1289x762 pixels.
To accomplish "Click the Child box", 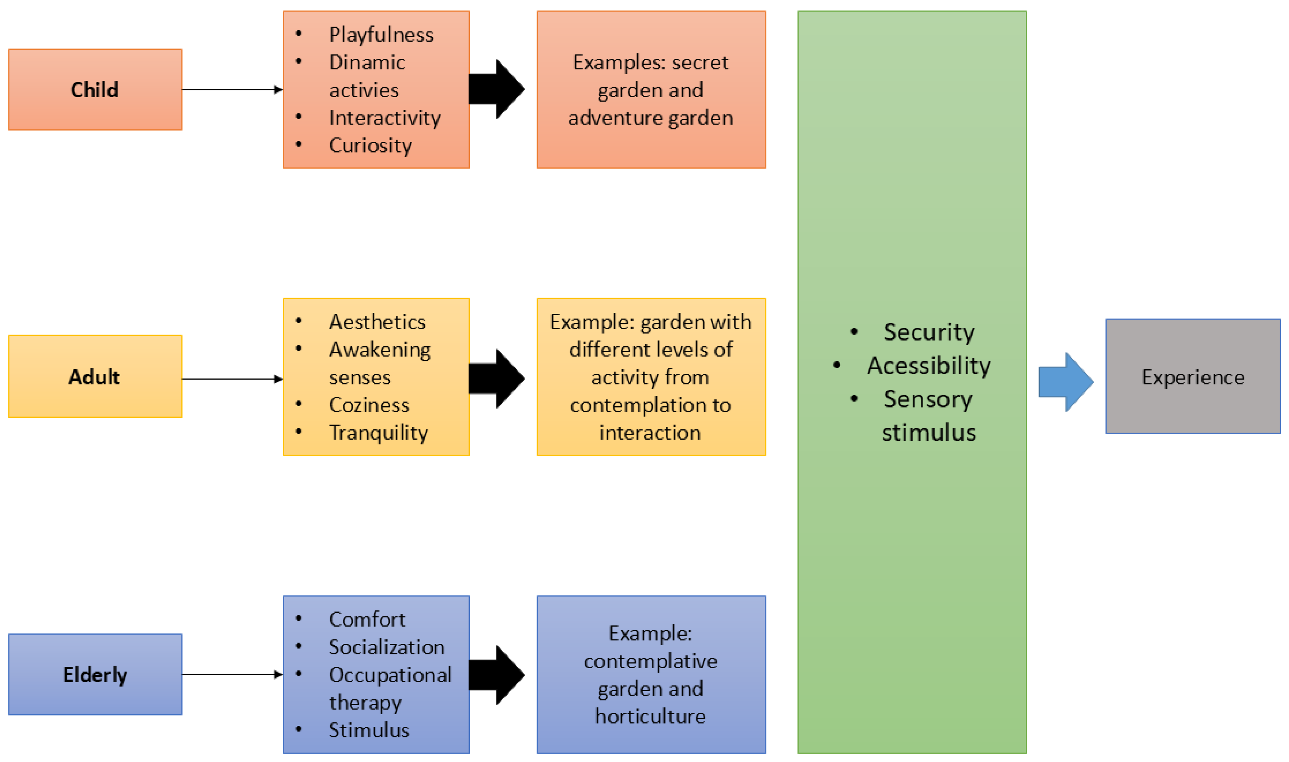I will pos(95,89).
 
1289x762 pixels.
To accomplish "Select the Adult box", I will pos(95,376).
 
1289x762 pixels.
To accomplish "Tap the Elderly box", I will pos(95,674).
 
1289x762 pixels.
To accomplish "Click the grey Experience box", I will pos(1192,376).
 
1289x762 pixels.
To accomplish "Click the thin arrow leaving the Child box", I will pos(231,90).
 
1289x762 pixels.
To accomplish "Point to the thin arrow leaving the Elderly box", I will pos(231,674).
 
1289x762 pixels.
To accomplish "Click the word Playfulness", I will pos(381,35).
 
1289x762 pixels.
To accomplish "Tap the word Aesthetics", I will pos(377,322).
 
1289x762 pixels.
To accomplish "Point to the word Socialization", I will pos(386,647).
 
